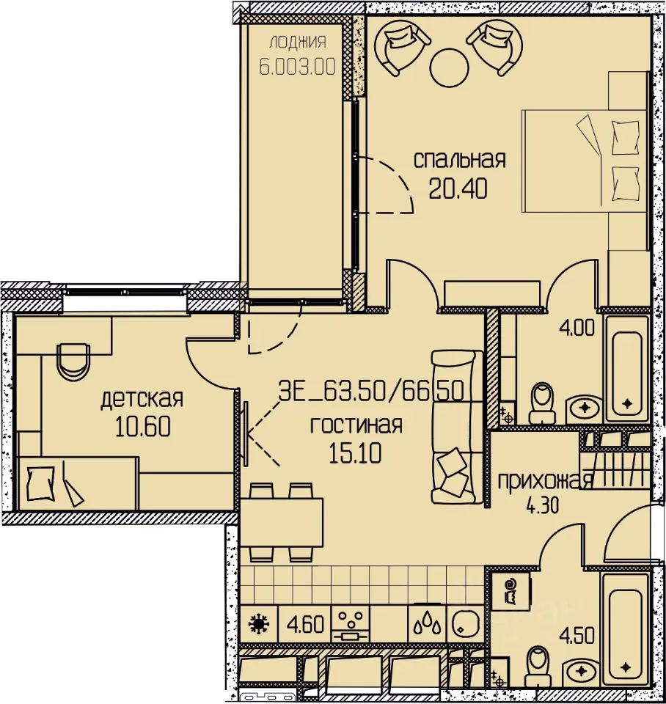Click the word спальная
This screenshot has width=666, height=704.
pos(459,161)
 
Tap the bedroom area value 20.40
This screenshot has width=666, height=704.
pos(458,188)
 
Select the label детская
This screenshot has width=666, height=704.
pos(142,398)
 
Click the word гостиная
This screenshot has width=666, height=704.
pos(356,425)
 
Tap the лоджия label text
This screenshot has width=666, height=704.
pos(298,43)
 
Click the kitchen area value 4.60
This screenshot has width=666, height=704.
pos(305,624)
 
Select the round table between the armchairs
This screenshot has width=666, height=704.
pos(449,67)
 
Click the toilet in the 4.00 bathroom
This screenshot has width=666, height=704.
pos(541,403)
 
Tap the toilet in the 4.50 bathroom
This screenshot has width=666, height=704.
pos(538,667)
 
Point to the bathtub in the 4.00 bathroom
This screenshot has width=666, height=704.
pos(627,369)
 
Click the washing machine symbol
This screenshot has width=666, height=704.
pos(511,590)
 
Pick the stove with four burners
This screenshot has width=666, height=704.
pos(351,624)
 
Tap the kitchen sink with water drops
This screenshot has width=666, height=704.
pos(428,624)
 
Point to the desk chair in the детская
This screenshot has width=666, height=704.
pos(73,362)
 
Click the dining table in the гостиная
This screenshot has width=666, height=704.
pos(282,522)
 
